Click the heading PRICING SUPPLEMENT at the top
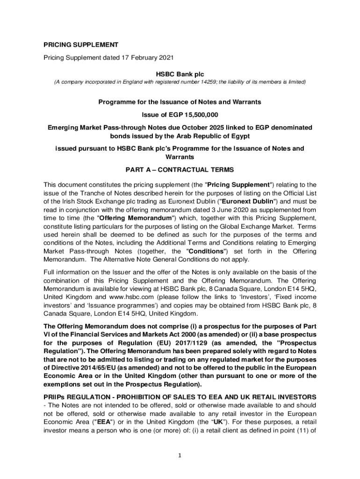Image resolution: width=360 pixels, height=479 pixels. (81, 45)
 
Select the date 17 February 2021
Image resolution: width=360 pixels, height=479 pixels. (146, 58)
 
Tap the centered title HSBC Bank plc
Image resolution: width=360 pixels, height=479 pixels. (180, 74)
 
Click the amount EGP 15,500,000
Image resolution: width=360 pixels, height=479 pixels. (192, 115)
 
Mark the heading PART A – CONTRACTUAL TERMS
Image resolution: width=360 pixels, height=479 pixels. (180, 169)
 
